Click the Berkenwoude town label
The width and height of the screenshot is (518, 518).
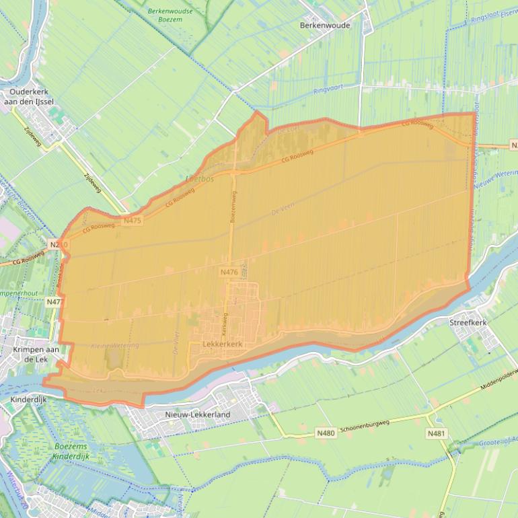[x=325, y=24]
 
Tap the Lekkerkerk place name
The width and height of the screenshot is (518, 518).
[x=221, y=344]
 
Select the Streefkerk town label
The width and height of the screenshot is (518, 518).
[x=468, y=323]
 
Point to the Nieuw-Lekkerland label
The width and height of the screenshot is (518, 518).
[x=197, y=414]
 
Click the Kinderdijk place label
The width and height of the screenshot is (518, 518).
[x=26, y=400]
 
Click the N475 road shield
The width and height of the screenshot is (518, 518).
[x=132, y=220]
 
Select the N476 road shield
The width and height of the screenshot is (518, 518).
[x=229, y=272]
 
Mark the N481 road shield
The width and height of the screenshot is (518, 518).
[x=436, y=434]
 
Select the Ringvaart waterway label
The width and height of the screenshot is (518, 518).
[x=327, y=90]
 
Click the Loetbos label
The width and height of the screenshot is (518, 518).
[x=199, y=180]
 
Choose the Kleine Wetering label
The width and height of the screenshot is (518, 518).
[x=114, y=345]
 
